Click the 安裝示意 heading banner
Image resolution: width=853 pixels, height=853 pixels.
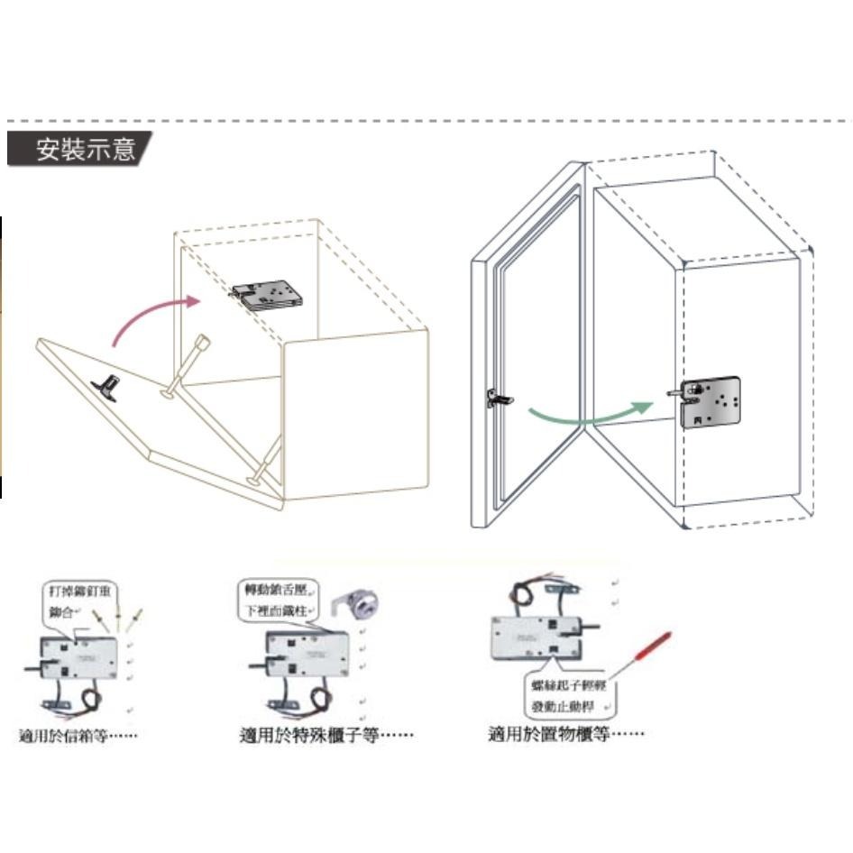(80, 149)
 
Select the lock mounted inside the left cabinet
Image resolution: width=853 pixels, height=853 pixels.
(268, 294)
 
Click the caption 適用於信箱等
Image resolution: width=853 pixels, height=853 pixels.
(78, 735)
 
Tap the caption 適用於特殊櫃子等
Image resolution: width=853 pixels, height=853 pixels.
(326, 735)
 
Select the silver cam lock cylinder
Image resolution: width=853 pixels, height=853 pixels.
(362, 605)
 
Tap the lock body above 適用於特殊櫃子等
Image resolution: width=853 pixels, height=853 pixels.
(306, 655)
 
